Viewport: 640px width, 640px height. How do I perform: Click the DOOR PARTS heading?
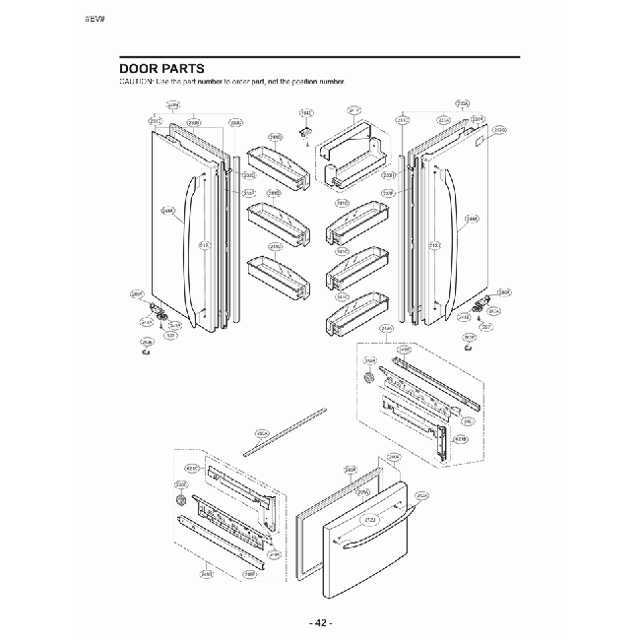(161, 69)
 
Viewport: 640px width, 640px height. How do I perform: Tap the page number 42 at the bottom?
(321, 623)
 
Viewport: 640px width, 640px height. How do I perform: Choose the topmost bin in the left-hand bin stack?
(277, 161)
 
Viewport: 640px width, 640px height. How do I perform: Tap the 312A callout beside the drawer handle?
(421, 495)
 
